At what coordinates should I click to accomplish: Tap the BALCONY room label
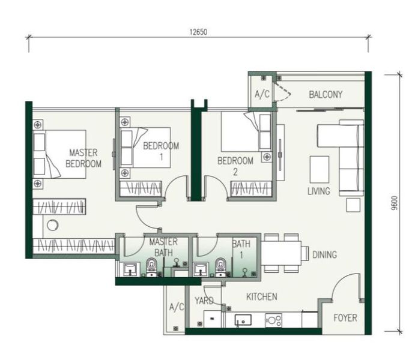point(326,94)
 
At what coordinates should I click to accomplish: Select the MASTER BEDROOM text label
point(83,158)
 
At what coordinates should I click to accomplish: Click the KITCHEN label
point(261,296)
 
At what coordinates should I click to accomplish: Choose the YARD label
point(204,301)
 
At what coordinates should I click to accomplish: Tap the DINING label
point(324,254)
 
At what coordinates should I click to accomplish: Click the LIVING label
point(318,191)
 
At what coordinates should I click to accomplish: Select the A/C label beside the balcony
point(262,94)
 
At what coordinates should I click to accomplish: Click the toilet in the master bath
point(151,266)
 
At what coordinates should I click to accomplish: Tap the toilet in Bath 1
point(220,266)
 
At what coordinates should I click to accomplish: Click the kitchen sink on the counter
point(244,320)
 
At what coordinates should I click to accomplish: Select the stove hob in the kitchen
point(274,320)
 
